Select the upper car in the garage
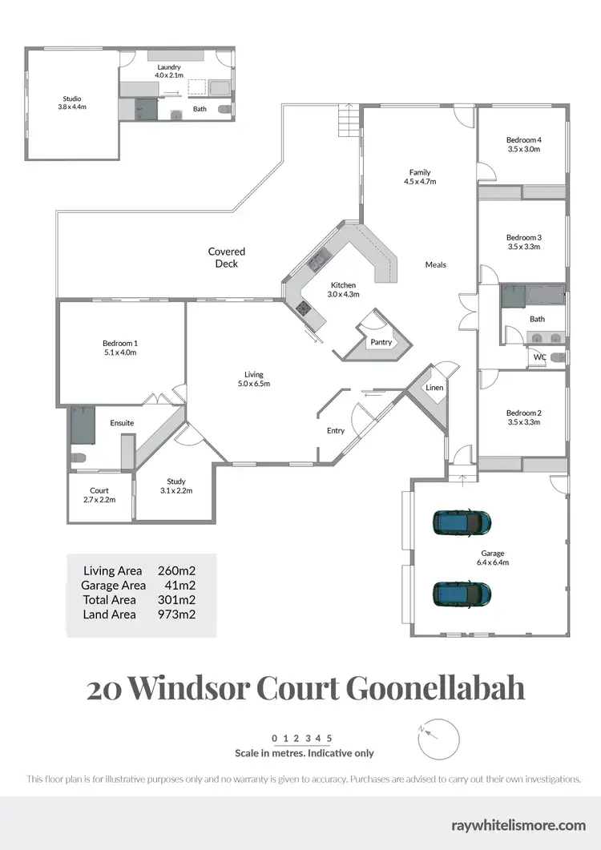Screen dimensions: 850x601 [462, 523]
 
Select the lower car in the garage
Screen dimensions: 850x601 [462, 594]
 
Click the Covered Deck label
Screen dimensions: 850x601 [227, 257]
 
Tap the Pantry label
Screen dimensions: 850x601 [381, 342]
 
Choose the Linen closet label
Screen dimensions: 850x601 [434, 388]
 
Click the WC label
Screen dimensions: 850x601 [540, 357]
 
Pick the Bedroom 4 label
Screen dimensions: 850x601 [524, 144]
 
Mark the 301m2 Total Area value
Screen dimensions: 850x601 [177, 600]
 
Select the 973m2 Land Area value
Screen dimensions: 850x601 [177, 614]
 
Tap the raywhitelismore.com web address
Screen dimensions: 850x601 [518, 824]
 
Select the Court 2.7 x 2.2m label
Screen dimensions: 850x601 [99, 495]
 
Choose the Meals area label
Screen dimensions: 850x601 [436, 264]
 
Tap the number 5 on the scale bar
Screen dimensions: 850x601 [329, 738]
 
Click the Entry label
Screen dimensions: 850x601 [336, 431]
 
